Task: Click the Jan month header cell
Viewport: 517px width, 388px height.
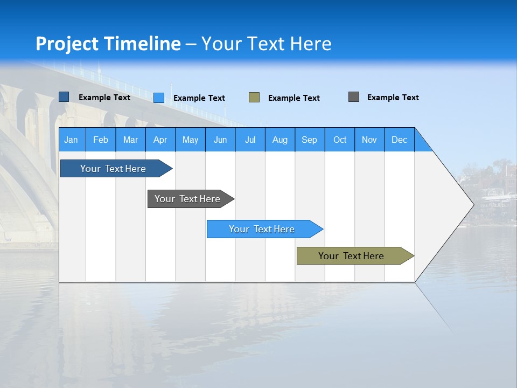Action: click(72, 140)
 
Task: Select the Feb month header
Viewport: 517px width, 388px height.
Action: click(101, 140)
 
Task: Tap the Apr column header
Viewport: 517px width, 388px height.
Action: click(160, 140)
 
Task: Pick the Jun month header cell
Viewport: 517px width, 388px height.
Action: click(220, 140)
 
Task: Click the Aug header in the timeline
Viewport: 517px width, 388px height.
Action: click(280, 140)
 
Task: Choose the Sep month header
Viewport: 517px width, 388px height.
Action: click(310, 140)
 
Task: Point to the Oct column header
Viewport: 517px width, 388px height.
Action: click(340, 140)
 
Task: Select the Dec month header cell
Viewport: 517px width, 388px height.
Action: click(400, 140)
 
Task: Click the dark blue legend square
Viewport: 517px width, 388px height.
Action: click(64, 97)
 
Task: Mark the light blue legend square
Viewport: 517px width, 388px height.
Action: click(159, 98)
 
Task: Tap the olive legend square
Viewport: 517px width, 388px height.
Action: click(254, 98)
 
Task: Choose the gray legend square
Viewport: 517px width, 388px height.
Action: click(354, 97)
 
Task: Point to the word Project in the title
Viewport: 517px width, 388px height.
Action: click(67, 44)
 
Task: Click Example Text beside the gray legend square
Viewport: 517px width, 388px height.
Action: click(393, 98)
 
